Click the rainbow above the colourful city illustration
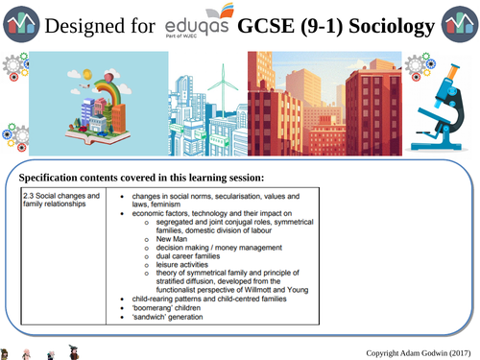(x=94, y=83)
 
